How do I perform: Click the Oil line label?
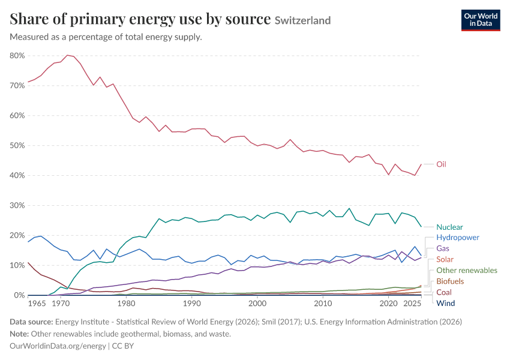coord(441,164)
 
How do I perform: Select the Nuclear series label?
coord(449,227)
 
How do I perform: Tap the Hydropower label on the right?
coord(458,238)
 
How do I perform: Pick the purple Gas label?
coord(443,248)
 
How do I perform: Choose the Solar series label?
coord(445,260)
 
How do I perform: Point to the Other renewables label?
coord(467,270)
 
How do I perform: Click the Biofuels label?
coord(450,281)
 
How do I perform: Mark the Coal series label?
coord(444,292)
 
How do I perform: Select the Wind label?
coord(446,303)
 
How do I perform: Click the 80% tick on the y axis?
coord(17,56)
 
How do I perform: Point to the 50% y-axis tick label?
coord(17,145)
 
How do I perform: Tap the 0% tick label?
coord(19,295)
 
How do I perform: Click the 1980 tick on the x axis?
coord(126,304)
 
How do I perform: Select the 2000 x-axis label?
coord(257,304)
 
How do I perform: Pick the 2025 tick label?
coord(412,304)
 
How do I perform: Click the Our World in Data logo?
coord(481,20)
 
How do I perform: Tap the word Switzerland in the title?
coord(302,20)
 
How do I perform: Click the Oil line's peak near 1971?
coord(67,55)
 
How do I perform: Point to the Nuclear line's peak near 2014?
coord(349,208)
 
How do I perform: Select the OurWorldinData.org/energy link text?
coord(58,346)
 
